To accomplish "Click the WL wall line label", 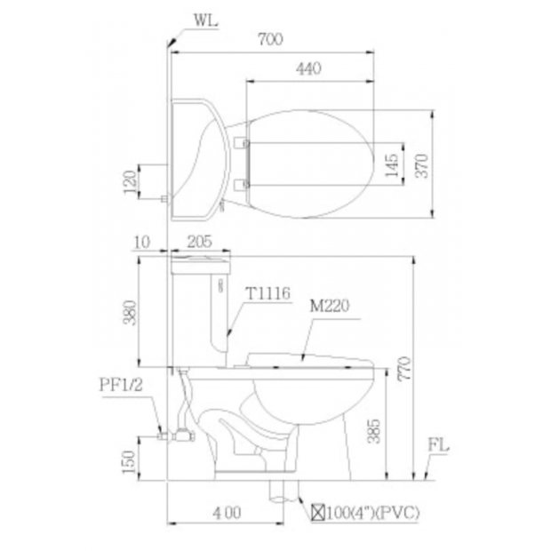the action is click(x=206, y=20).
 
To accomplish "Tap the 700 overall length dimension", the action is click(x=270, y=39).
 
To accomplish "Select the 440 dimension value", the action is click(x=308, y=68).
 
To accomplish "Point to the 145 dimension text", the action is click(x=392, y=164).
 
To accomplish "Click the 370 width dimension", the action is click(x=422, y=165).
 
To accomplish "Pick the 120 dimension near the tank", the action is click(x=130, y=181).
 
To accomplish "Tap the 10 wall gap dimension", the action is click(x=142, y=242).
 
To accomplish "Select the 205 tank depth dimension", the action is click(x=200, y=242).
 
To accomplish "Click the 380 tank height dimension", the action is click(x=130, y=313).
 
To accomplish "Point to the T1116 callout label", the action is click(x=268, y=293).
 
